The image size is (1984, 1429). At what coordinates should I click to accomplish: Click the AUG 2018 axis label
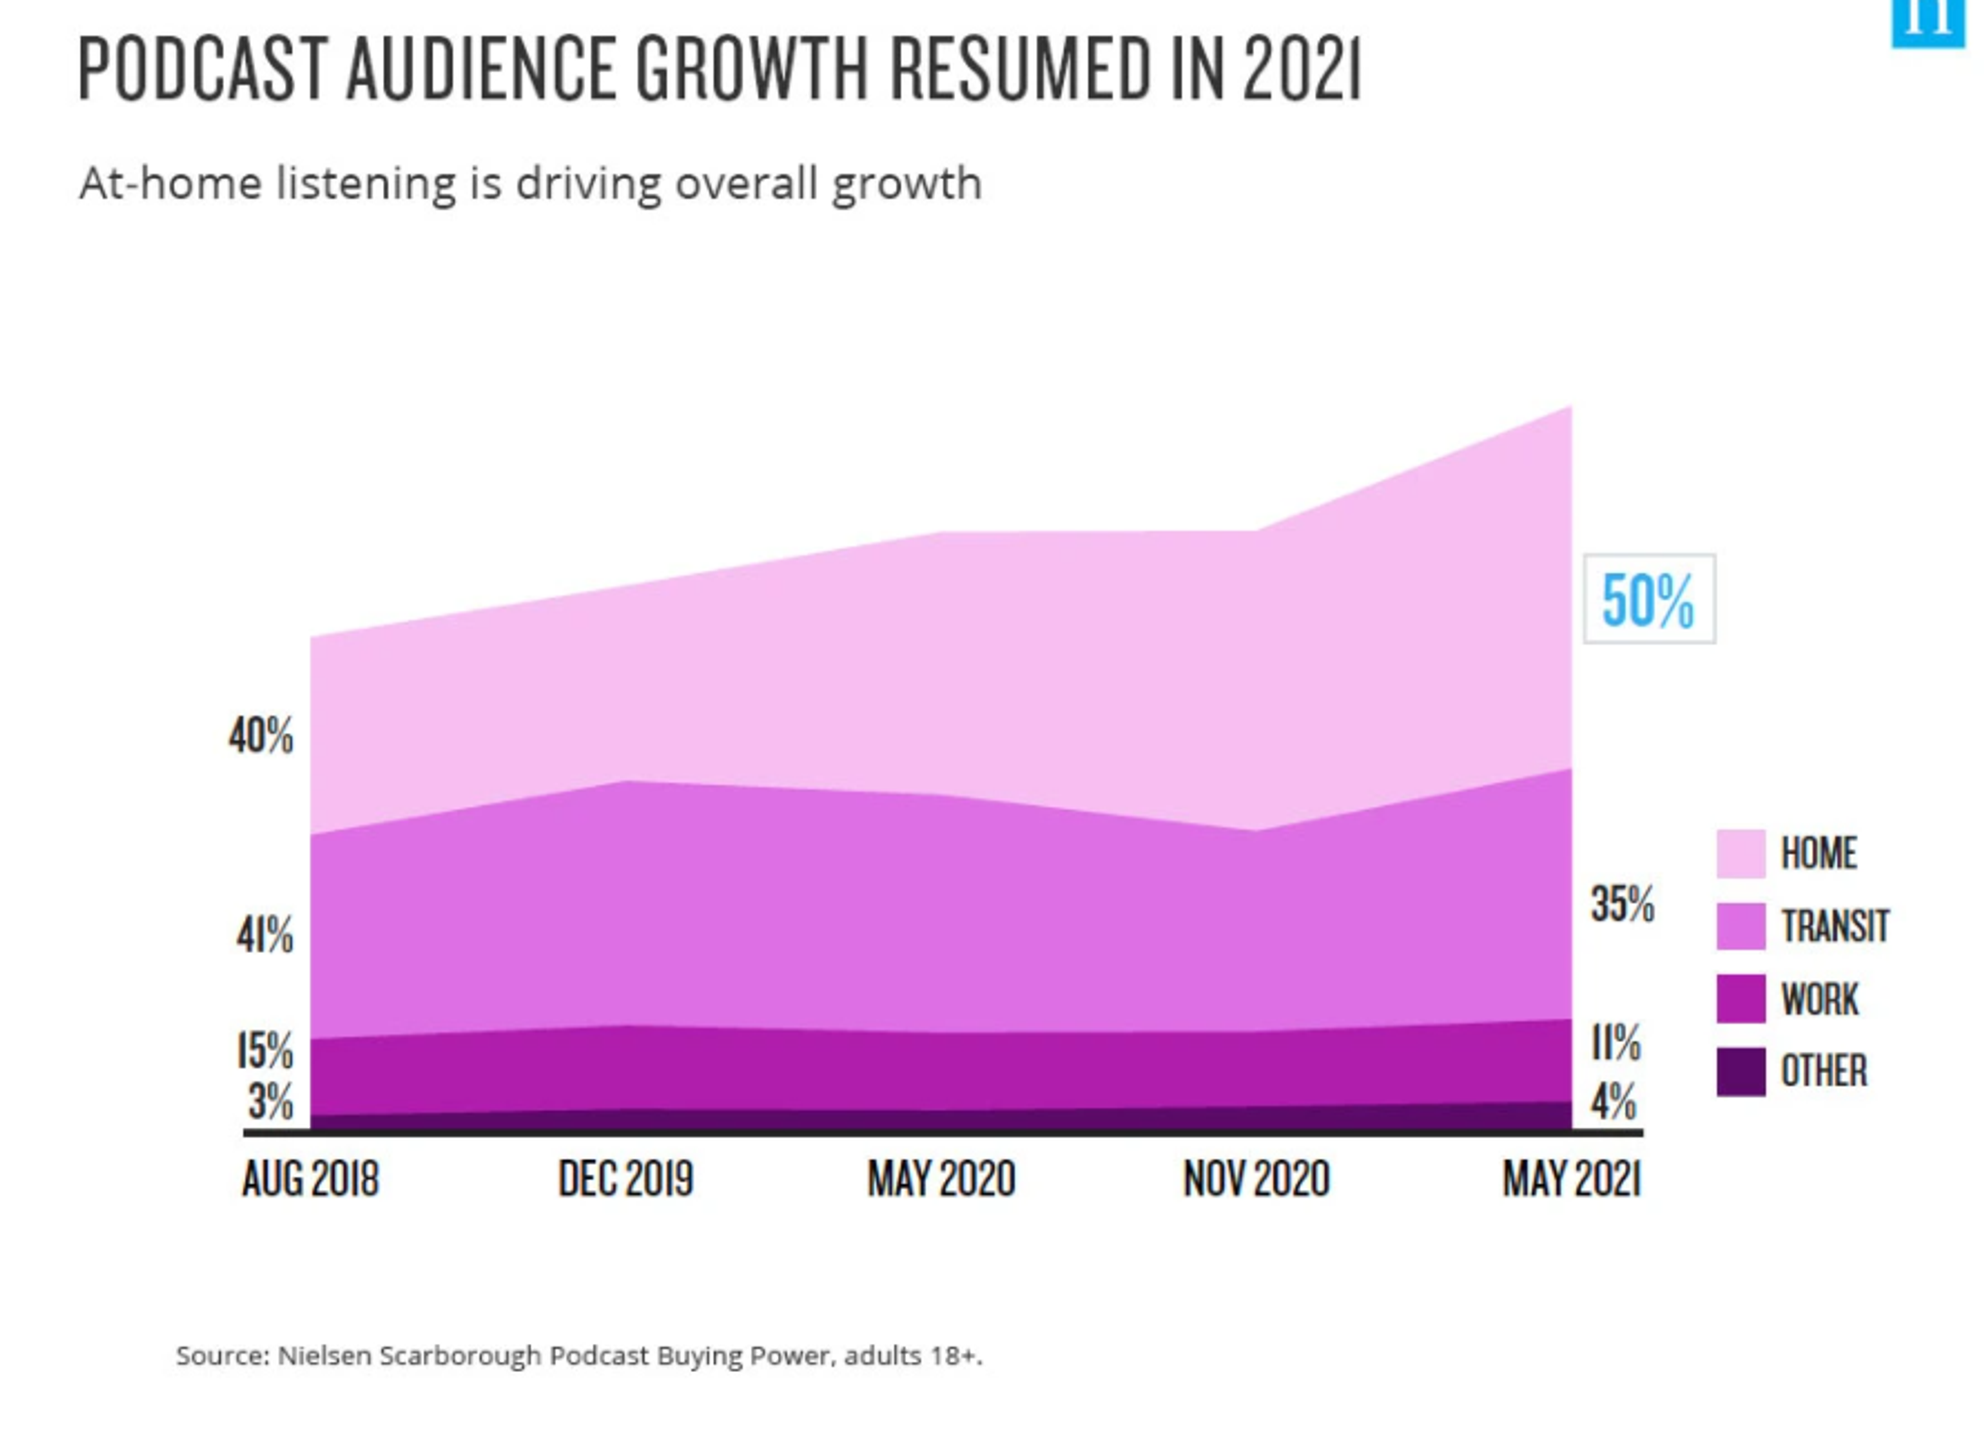coord(311,1179)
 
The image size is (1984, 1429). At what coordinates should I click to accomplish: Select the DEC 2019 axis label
coord(626,1179)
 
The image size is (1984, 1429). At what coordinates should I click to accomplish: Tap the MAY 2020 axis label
coord(941,1179)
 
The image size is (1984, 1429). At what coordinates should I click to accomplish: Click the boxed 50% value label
coord(1649,600)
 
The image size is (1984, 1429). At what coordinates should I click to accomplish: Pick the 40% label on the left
coord(261,736)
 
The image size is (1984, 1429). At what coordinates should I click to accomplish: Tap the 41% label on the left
coord(264,936)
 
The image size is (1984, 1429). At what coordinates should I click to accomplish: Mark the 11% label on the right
coord(1615,1043)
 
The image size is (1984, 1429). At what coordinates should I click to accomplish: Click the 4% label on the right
coord(1614,1102)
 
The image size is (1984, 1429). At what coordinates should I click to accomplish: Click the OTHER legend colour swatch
coord(1741,1071)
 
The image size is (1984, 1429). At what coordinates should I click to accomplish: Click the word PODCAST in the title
coord(201,70)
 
